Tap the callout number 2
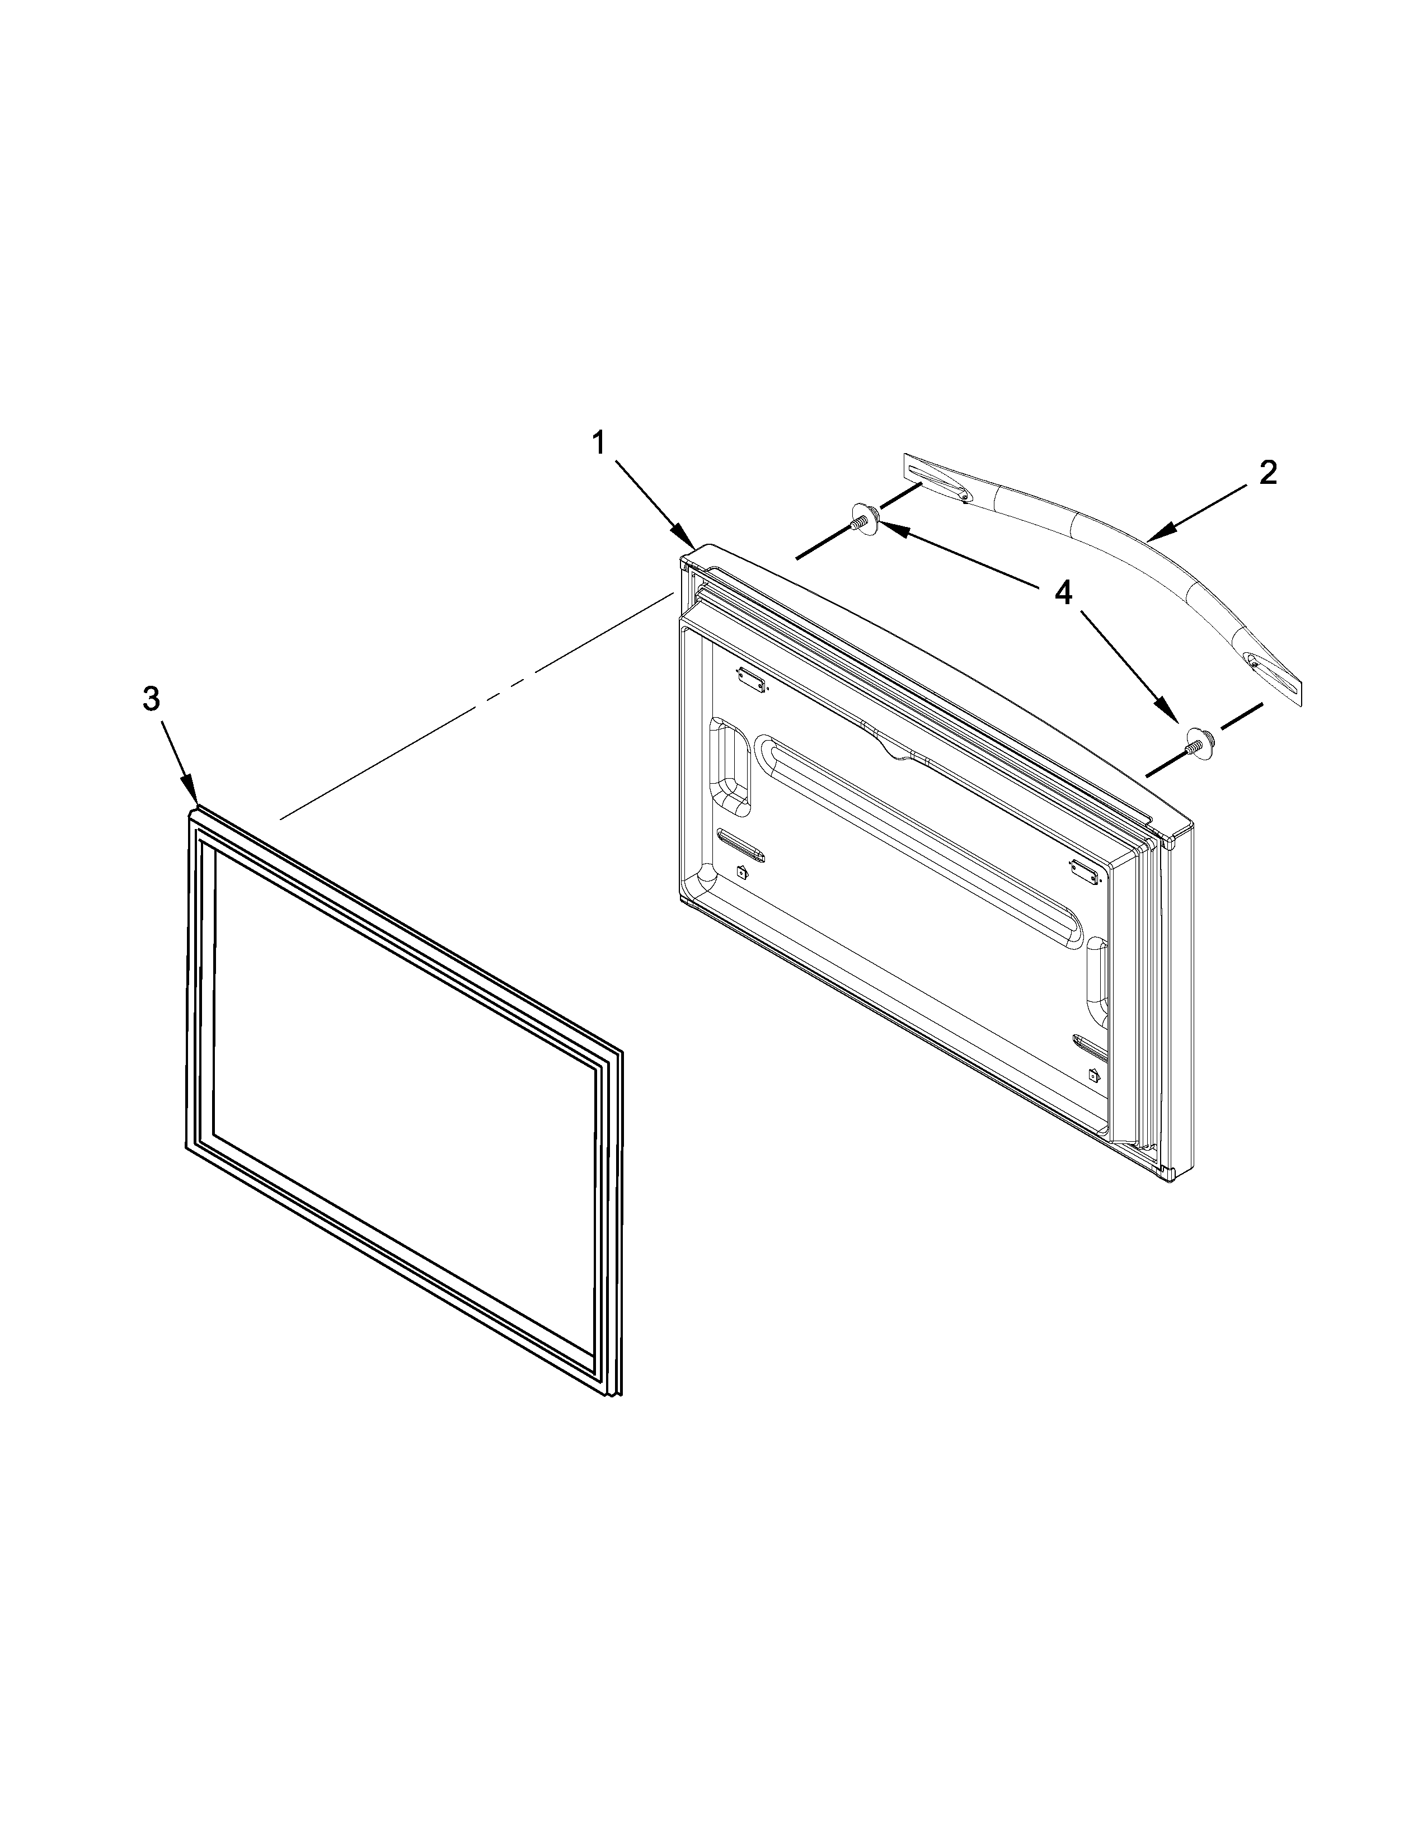click(x=1267, y=473)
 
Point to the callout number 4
click(x=1063, y=594)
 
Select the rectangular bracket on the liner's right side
click(x=1084, y=868)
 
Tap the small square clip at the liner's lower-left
click(x=741, y=872)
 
